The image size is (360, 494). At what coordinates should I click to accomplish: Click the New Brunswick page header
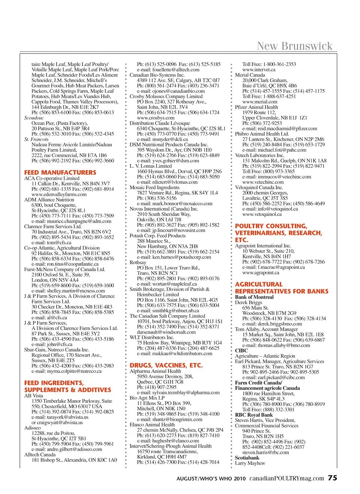click(x=295, y=46)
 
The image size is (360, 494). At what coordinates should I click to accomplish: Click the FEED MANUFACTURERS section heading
click(x=60, y=172)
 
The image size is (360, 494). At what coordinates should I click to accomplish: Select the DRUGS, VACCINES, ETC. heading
click(x=166, y=365)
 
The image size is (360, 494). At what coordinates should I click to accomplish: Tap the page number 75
click(x=333, y=478)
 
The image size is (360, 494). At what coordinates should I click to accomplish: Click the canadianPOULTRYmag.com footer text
click(x=286, y=478)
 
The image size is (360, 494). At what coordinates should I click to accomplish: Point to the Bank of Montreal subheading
click(x=254, y=297)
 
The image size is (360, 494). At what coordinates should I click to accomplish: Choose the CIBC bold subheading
click(x=241, y=351)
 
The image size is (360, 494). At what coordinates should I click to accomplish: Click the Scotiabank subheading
click(x=247, y=458)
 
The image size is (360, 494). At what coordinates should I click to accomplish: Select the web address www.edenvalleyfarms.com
click(x=59, y=194)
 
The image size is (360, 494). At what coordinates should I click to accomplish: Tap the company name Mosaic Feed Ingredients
click(x=154, y=187)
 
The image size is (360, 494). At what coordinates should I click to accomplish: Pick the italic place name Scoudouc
click(x=34, y=118)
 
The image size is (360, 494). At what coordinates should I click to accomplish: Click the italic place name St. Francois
click(x=36, y=139)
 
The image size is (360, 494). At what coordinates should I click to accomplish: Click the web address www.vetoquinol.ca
click(x=262, y=214)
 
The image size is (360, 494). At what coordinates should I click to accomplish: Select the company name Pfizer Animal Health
click(x=256, y=107)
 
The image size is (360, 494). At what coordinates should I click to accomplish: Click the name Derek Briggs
click(x=249, y=302)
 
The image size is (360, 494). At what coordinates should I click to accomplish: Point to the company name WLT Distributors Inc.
click(x=152, y=337)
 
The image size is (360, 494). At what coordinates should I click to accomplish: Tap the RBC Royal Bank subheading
click(x=254, y=415)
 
